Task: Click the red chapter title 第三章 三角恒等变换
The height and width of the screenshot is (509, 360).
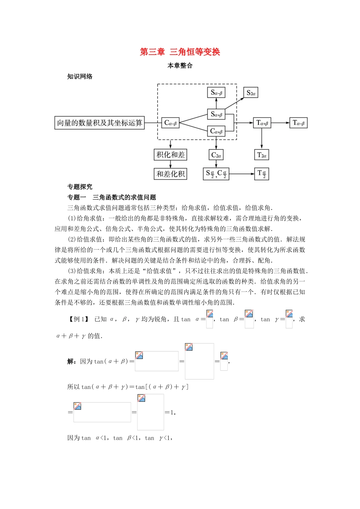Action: click(x=180, y=52)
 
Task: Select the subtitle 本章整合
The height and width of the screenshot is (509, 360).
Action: click(x=180, y=66)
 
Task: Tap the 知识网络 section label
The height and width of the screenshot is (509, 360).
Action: click(x=80, y=77)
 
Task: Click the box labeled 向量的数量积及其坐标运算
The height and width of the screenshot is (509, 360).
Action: click(x=100, y=123)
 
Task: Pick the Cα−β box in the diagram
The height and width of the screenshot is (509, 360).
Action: click(x=170, y=123)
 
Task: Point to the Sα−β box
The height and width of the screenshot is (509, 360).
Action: click(x=216, y=92)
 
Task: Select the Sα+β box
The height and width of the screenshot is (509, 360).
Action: click(x=216, y=114)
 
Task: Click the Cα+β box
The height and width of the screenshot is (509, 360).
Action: click(x=216, y=131)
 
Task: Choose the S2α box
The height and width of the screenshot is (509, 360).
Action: click(x=251, y=92)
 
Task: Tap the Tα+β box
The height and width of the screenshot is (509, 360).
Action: click(x=262, y=123)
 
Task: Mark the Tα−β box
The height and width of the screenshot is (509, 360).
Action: click(x=298, y=123)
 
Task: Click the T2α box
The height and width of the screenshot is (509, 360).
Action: click(x=262, y=155)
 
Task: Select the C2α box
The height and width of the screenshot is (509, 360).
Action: click(x=216, y=155)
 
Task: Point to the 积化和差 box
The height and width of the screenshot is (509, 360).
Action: click(x=171, y=155)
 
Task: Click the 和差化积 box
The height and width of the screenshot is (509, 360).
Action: click(x=171, y=174)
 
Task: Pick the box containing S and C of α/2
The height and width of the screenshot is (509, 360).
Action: click(x=216, y=174)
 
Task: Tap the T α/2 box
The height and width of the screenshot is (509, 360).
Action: click(x=262, y=174)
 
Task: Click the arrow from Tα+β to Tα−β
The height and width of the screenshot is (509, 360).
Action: click(x=280, y=123)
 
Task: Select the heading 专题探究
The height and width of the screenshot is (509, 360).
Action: click(x=80, y=187)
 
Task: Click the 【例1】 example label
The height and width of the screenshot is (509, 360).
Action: click(x=79, y=319)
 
